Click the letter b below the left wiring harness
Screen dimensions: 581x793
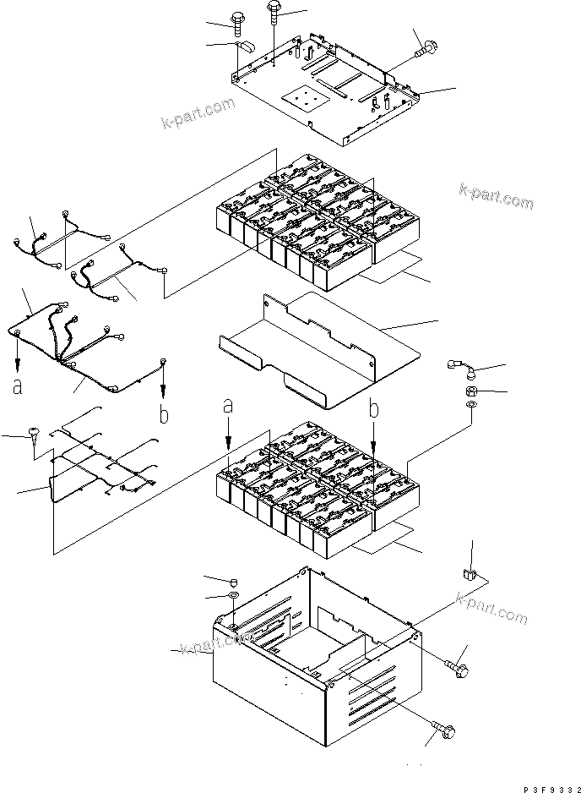coord(163,414)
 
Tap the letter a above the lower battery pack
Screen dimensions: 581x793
coord(228,406)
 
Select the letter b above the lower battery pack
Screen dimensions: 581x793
coord(373,408)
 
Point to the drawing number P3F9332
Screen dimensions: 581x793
coord(552,789)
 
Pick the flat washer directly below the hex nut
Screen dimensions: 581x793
coord(471,405)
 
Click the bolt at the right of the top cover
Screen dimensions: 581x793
coord(425,50)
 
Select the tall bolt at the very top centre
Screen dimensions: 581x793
coord(273,11)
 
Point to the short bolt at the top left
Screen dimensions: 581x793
coord(238,23)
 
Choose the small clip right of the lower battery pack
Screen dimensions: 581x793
coord(469,575)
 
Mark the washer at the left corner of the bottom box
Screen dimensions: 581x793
coord(234,595)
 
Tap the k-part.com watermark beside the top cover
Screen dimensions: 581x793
coord(198,113)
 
